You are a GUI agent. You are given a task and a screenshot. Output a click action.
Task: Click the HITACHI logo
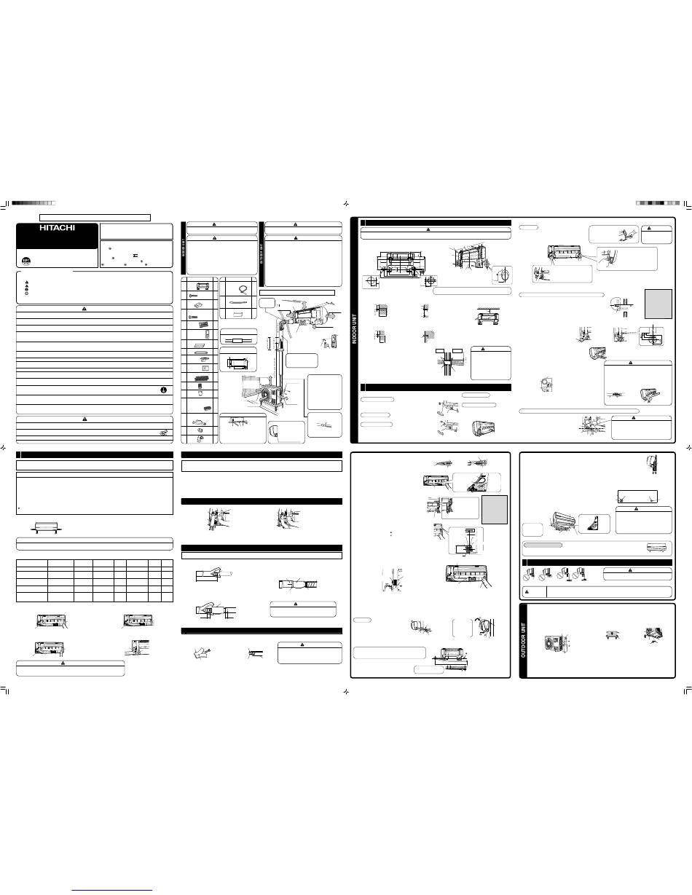[58, 228]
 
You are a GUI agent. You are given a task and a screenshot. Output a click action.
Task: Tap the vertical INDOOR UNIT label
[355, 329]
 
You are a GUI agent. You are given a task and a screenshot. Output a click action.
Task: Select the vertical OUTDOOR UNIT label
[524, 639]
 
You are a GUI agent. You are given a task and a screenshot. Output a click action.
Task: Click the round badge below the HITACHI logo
[26, 261]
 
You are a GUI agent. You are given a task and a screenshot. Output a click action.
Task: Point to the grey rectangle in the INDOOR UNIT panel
[658, 304]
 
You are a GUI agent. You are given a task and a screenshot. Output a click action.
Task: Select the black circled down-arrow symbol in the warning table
[163, 390]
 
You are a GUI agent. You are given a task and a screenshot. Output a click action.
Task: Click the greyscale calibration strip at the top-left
[33, 203]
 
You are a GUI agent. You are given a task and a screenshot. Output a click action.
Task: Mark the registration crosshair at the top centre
[347, 203]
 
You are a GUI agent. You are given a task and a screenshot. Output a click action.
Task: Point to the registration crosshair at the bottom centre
[347, 692]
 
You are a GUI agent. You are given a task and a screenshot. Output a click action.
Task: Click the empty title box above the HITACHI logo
[95, 218]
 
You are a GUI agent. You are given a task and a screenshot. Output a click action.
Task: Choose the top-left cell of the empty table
[32, 563]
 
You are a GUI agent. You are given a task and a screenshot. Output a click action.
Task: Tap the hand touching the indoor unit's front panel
[486, 581]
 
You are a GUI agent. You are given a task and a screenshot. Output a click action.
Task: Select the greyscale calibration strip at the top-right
[658, 203]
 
